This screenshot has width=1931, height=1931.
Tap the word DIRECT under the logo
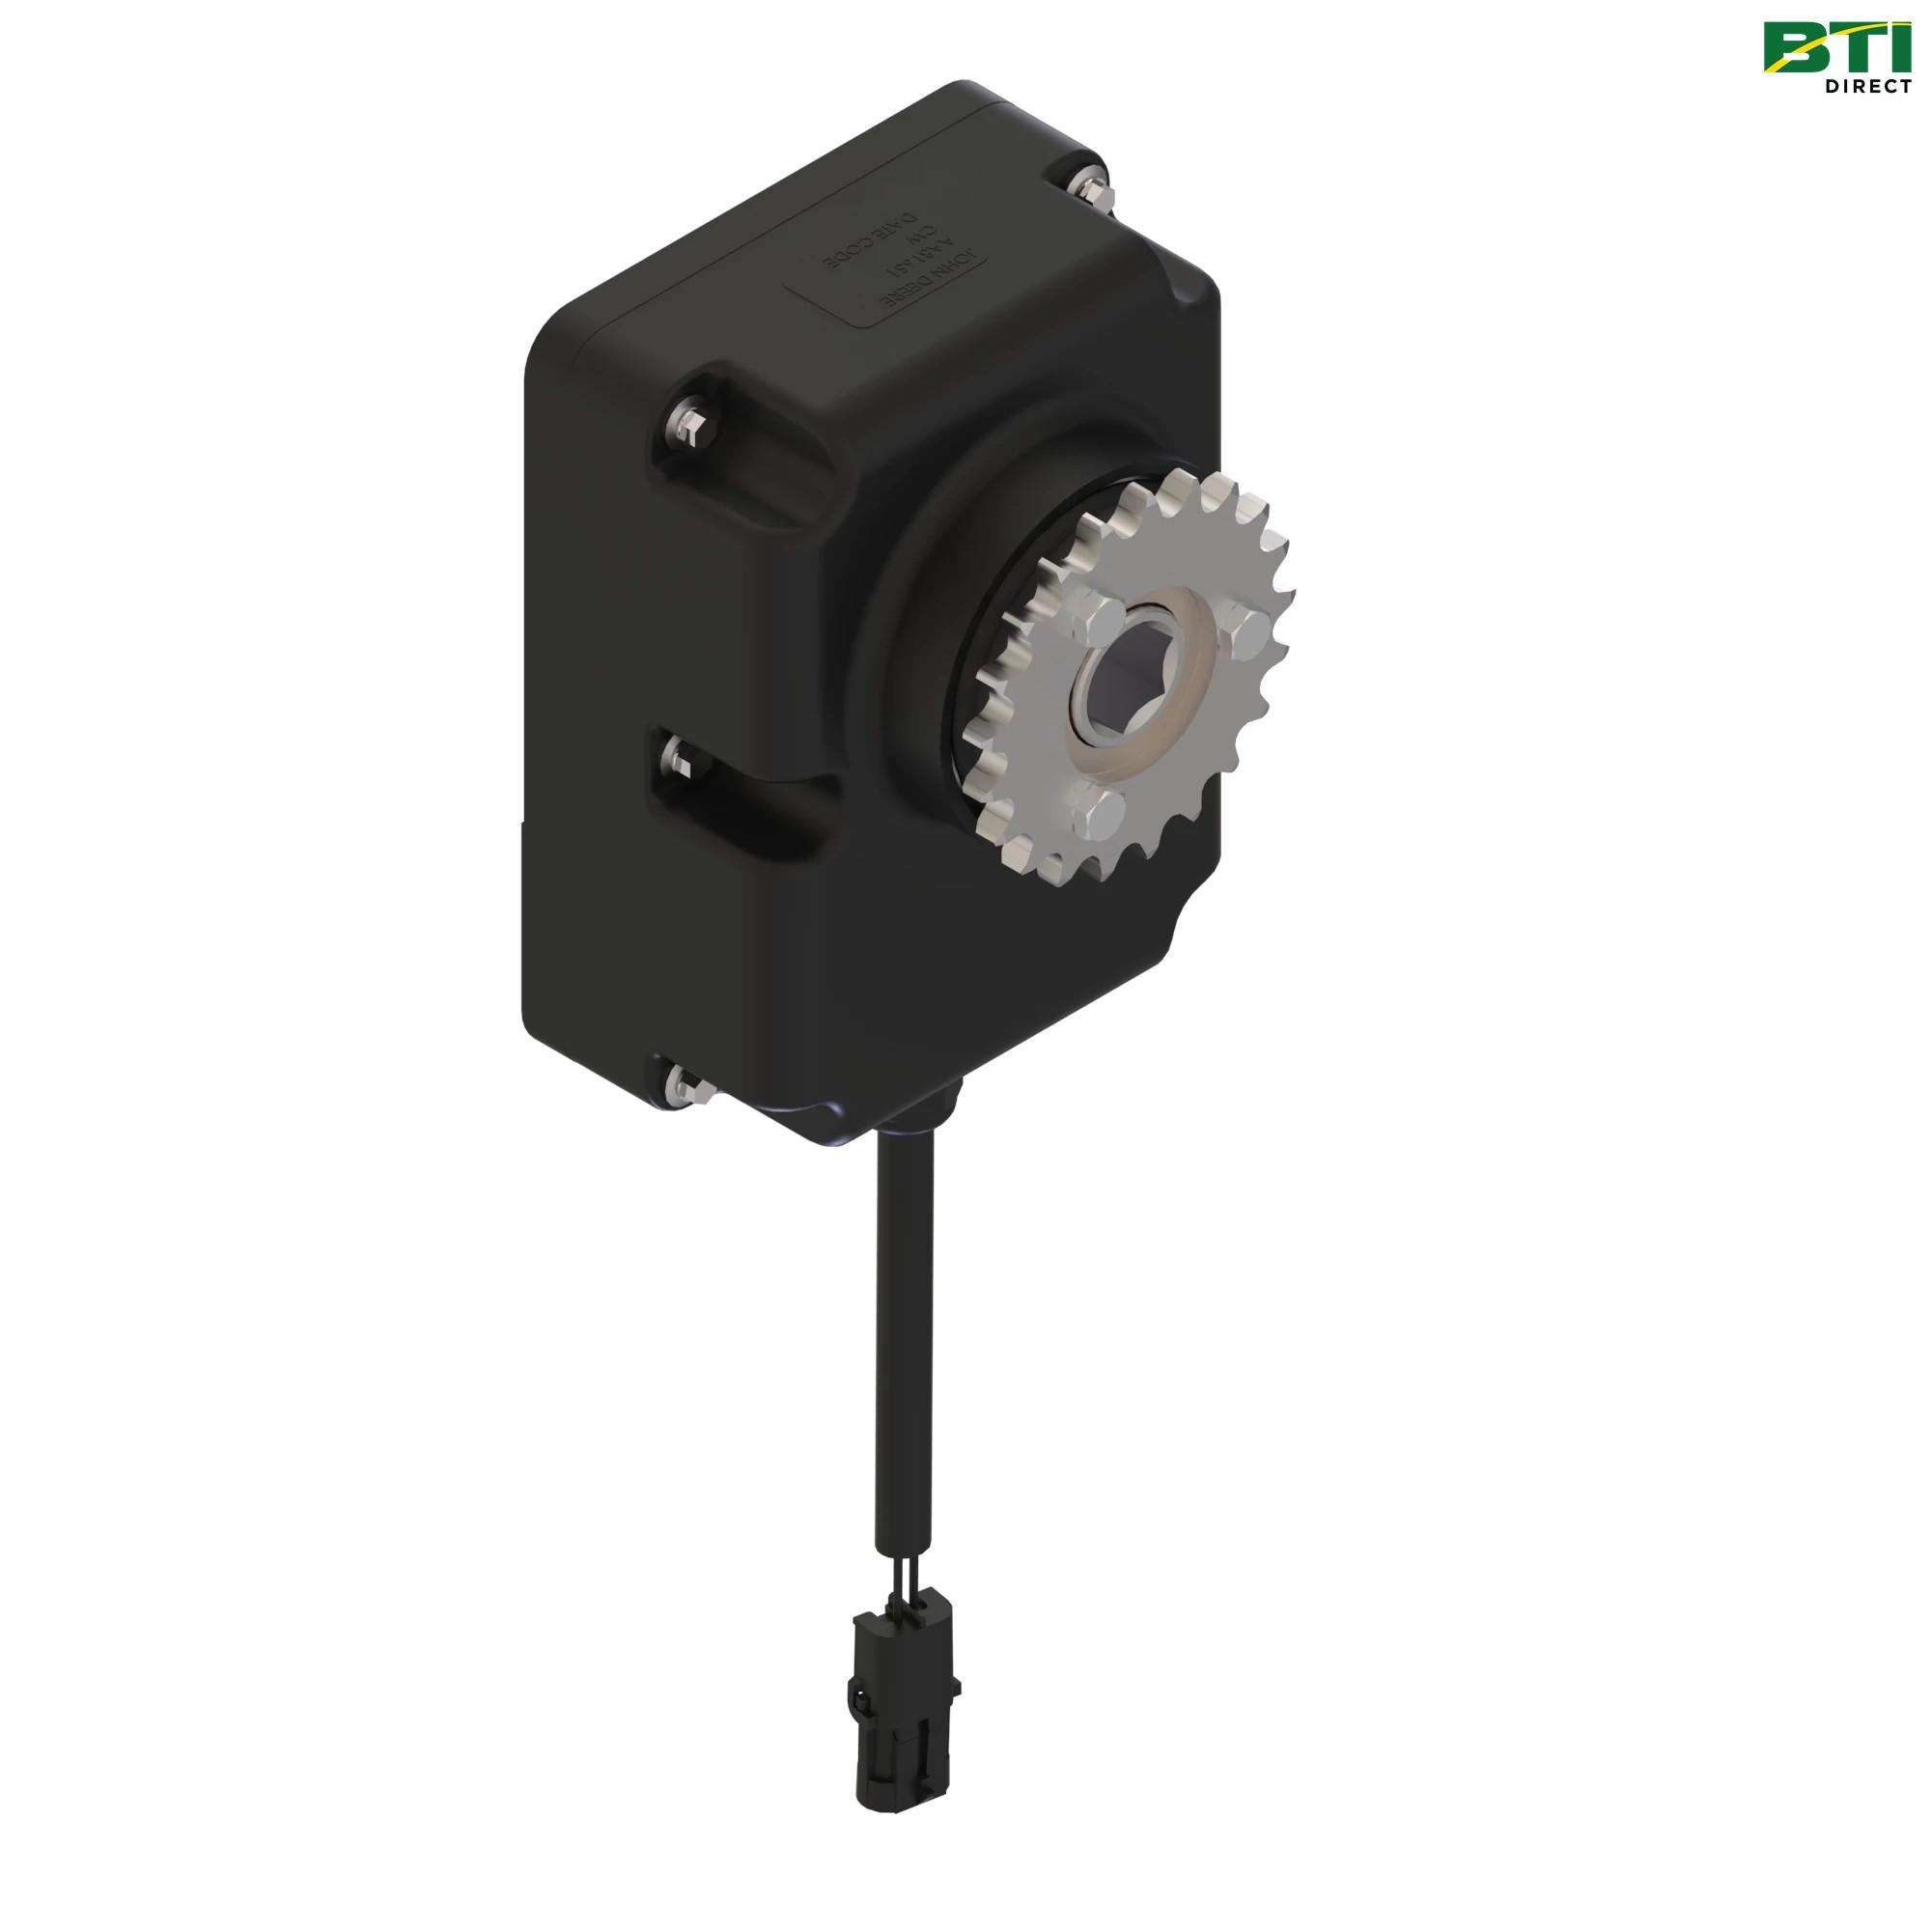coord(1867,87)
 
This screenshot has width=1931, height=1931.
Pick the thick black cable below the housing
coord(906,1339)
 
